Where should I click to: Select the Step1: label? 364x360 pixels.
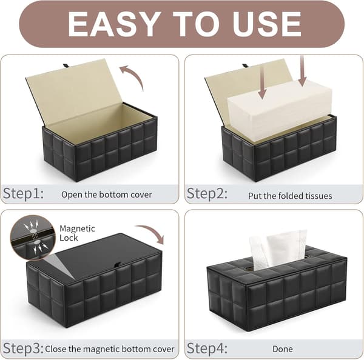(x=23, y=194)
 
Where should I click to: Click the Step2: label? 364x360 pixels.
(x=207, y=194)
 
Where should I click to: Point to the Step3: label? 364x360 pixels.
(x=23, y=348)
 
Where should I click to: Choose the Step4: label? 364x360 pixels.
(x=207, y=348)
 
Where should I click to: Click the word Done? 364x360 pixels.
(x=283, y=349)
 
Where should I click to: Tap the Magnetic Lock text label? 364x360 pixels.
(x=77, y=233)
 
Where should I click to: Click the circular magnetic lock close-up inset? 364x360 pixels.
(x=33, y=238)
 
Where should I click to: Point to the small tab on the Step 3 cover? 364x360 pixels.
(x=118, y=264)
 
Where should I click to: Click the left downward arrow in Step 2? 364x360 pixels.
(x=262, y=84)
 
